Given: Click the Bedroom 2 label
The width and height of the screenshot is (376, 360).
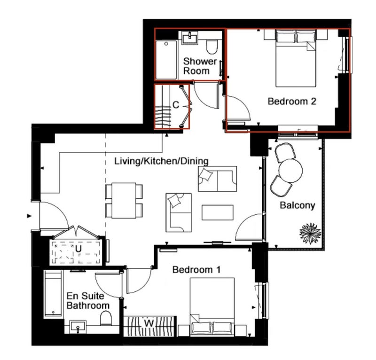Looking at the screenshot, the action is pyautogui.click(x=292, y=101).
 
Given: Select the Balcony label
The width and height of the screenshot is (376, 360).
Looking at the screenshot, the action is pyautogui.click(x=298, y=205).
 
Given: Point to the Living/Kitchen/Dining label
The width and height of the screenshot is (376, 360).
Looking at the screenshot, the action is pyautogui.click(x=161, y=161).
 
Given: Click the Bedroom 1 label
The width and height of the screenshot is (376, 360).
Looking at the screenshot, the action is pyautogui.click(x=196, y=270).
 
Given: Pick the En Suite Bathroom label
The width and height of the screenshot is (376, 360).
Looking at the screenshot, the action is pyautogui.click(x=88, y=301).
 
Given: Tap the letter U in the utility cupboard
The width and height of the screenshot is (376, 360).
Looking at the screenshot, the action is pyautogui.click(x=78, y=249).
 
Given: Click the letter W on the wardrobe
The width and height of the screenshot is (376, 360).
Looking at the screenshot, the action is pyautogui.click(x=149, y=323).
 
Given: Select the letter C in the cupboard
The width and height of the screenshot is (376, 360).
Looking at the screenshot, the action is pyautogui.click(x=176, y=105).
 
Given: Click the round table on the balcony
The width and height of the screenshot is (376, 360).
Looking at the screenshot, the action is pyautogui.click(x=290, y=171).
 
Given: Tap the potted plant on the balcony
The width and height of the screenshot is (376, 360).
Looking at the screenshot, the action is pyautogui.click(x=310, y=234).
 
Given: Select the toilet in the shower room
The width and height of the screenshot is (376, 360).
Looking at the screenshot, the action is pyautogui.click(x=212, y=47).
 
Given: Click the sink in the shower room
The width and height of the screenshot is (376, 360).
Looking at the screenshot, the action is pyautogui.click(x=190, y=38).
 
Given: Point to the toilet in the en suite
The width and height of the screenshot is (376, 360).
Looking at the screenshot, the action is pyautogui.click(x=106, y=318).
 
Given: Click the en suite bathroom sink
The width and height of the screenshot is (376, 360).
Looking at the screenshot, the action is pyautogui.click(x=78, y=327).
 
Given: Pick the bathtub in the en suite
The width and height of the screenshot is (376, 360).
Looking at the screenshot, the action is pyautogui.click(x=54, y=294).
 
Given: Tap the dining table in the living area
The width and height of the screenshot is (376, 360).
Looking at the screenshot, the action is pyautogui.click(x=124, y=201).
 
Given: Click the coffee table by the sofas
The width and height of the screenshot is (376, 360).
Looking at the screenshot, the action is pyautogui.click(x=217, y=212).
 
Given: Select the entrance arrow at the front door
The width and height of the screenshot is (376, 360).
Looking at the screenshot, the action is pyautogui.click(x=29, y=216).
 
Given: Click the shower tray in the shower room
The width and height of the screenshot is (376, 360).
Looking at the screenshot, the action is pyautogui.click(x=166, y=60).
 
